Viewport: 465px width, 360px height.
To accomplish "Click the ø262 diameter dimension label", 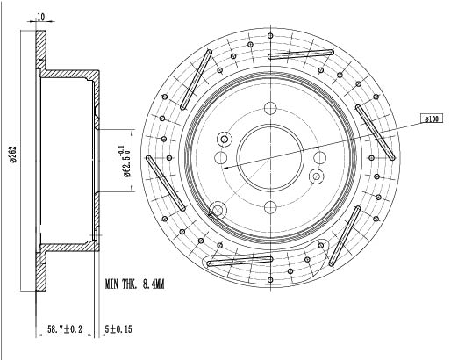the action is (13, 154).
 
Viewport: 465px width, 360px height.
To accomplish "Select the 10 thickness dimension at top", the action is (41, 17).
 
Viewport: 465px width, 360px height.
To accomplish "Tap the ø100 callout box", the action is (432, 119).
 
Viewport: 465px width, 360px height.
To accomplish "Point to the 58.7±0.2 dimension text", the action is (65, 329).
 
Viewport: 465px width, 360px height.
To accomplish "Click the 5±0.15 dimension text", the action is (118, 329).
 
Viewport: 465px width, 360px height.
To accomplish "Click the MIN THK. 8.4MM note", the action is (134, 284).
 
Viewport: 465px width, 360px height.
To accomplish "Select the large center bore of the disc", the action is (270, 157).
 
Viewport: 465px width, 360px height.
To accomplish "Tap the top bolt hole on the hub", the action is (270, 108).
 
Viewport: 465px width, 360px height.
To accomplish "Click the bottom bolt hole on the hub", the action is (270, 207).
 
